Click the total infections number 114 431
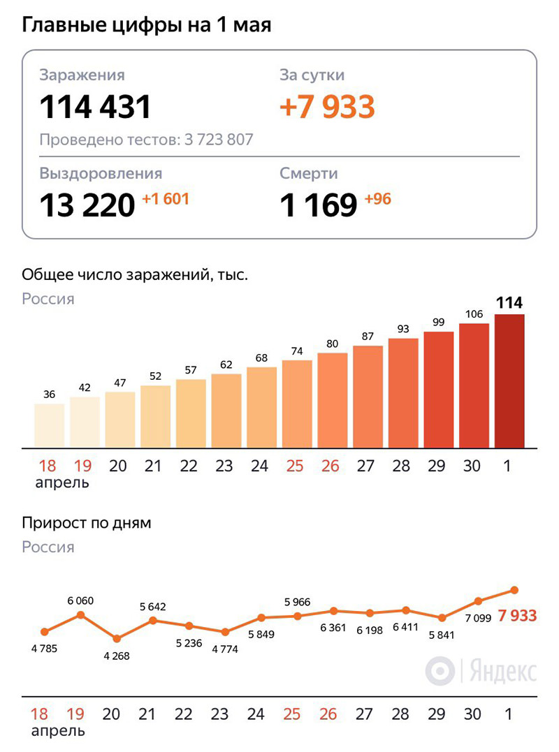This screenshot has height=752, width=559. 95,107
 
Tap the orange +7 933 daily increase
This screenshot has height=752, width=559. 327,107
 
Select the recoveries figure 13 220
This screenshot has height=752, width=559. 87,205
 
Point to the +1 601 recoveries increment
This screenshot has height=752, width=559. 166,199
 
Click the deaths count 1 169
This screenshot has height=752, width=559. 319,205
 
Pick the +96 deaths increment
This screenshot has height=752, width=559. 378,199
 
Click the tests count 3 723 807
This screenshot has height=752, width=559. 219,140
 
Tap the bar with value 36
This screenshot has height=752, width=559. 49,425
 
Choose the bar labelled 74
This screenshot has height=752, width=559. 297,404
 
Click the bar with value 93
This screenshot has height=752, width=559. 403,392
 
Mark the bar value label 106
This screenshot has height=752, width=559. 474,314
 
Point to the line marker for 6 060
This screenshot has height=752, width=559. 80,614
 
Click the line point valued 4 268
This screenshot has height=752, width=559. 117,638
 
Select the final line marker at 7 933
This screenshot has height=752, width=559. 514,590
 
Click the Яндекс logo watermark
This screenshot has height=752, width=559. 481,671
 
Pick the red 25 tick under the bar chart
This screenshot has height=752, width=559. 295,466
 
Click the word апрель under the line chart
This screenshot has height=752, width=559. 59,731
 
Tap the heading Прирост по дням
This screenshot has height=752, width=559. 87,522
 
